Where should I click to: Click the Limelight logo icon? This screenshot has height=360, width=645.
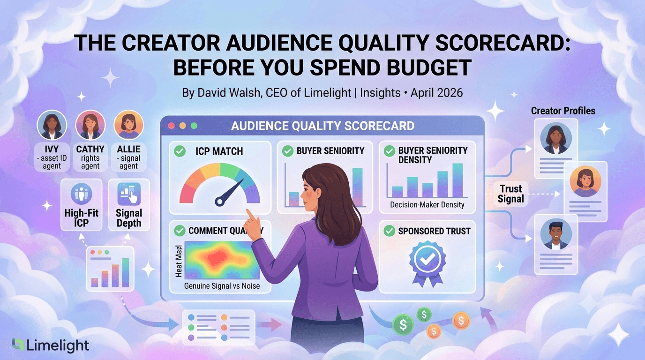[x=18, y=345]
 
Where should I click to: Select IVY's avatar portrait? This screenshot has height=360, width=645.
[x=52, y=125]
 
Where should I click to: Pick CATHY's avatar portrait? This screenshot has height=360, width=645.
[x=90, y=125]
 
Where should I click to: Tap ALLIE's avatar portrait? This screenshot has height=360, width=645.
[x=129, y=125]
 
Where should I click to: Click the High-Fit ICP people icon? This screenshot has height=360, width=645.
[x=82, y=194]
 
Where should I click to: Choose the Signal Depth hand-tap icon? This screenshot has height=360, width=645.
[x=129, y=194]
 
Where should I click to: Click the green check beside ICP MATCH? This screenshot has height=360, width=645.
[x=180, y=151]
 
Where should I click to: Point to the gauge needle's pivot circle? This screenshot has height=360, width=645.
[x=219, y=202]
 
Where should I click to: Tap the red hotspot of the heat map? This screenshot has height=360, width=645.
[x=215, y=258]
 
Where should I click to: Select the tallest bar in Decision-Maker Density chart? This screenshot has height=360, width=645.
[x=457, y=180]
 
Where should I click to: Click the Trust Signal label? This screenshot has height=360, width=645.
[x=511, y=194]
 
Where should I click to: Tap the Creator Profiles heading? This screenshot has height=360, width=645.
[x=563, y=111]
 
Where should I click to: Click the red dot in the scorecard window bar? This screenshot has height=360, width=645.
[x=172, y=126]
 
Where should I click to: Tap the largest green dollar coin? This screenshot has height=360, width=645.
[x=403, y=324]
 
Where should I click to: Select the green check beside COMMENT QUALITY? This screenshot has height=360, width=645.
[x=180, y=231]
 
